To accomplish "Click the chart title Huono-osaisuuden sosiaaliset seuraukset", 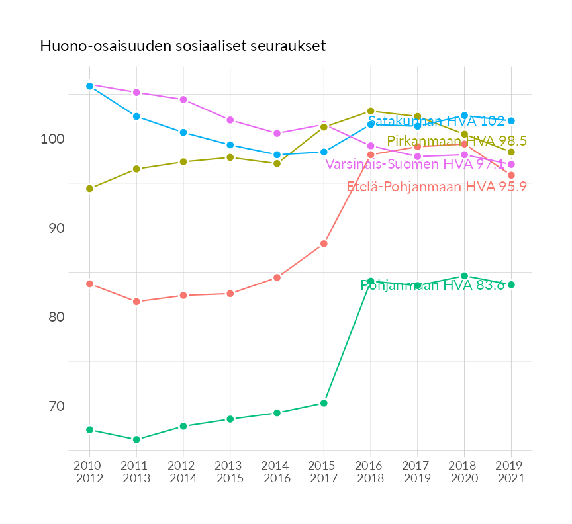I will point(183,46).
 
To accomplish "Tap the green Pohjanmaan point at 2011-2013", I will point(136,439).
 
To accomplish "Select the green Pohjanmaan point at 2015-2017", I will point(324,403).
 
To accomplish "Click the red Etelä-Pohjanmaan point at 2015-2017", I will point(324,243).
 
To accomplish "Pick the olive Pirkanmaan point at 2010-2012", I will point(89,189).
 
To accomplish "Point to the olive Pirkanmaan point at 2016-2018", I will point(371,111).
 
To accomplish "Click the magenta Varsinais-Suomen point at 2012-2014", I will point(183,99).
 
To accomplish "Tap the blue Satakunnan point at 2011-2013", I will point(136,116).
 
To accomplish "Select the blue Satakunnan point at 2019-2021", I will point(511,121).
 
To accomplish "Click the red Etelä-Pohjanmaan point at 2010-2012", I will point(89,284).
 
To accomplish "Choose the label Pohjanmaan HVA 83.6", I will point(432,285).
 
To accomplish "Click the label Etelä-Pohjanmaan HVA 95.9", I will point(436,187).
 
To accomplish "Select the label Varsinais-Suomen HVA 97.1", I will point(414,163).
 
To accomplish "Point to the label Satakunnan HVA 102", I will point(436,121).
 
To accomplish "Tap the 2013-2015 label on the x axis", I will point(230,472).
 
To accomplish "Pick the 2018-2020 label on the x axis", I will point(464,472).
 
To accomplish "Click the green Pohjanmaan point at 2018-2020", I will point(464,276).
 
